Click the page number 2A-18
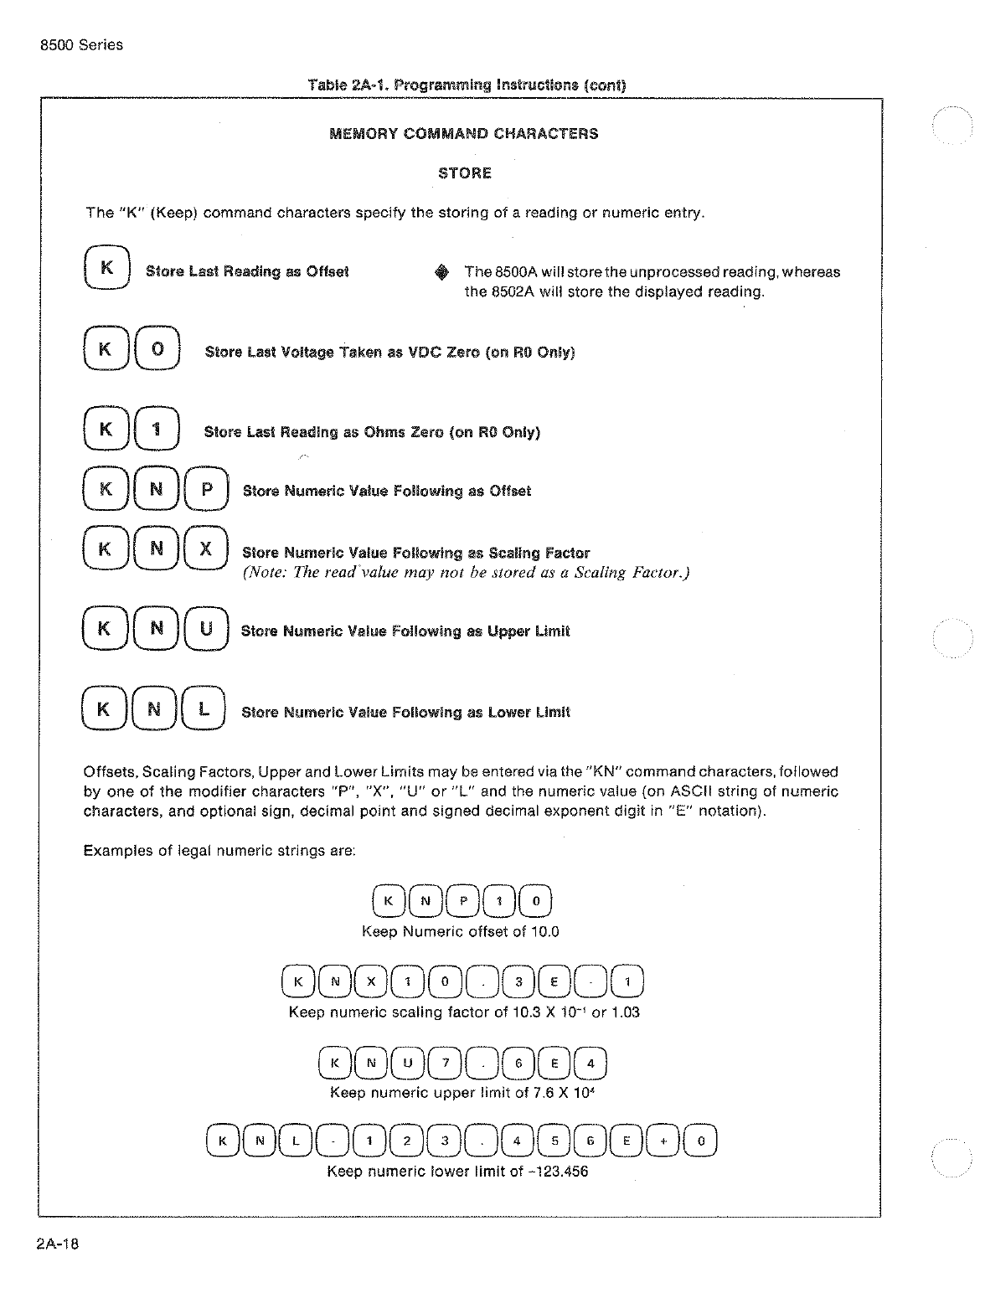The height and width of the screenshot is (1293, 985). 58,1244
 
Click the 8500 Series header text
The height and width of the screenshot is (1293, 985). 81,45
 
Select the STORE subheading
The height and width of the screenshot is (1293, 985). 464,173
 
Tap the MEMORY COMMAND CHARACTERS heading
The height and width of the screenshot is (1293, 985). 464,134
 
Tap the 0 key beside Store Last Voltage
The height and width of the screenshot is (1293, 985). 157,350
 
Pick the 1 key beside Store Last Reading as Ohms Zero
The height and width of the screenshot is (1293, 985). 157,430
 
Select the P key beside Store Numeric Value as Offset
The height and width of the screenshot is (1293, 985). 206,490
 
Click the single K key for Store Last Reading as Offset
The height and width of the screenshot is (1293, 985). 106,269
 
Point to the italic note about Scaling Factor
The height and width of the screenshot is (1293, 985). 466,573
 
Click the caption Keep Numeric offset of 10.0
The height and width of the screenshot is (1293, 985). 460,931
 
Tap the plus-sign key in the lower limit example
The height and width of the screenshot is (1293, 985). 663,1141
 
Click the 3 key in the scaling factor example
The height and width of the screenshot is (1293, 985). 519,983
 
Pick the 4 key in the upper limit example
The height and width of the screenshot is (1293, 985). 590,1064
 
